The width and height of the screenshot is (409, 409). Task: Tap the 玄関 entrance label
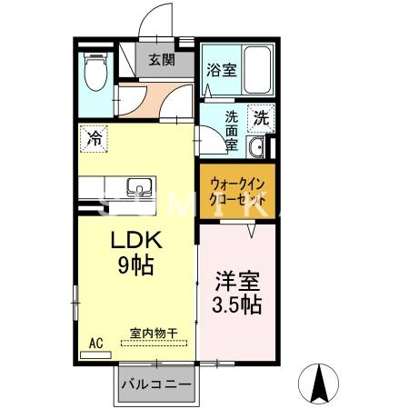tap(163, 61)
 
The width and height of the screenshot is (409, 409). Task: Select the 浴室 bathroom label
tap(221, 69)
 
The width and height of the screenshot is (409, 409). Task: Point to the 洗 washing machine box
tap(262, 118)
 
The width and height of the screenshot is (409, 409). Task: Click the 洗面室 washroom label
tap(233, 130)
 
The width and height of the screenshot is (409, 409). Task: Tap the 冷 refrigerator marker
tap(95, 138)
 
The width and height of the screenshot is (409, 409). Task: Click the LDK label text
tap(135, 242)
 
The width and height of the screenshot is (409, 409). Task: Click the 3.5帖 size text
tap(238, 304)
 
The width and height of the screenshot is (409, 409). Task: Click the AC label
tap(95, 343)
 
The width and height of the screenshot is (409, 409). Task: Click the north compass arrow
tap(321, 382)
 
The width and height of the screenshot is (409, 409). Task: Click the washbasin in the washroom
tap(257, 149)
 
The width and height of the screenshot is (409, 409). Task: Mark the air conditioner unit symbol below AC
tap(95, 354)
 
